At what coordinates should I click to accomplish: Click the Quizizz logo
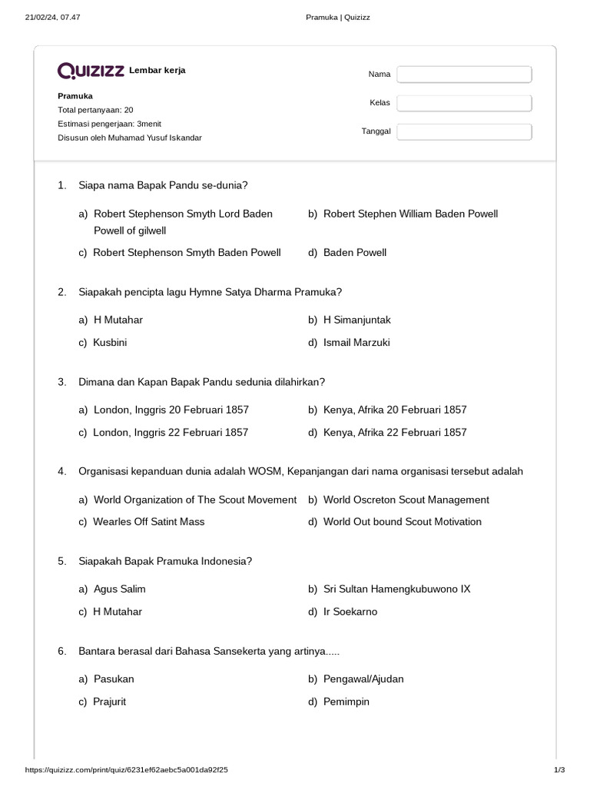91,71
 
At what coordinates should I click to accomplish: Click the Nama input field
464,74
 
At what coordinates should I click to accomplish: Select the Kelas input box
464,102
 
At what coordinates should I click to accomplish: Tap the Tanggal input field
464,131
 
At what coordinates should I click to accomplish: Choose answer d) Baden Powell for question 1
354,252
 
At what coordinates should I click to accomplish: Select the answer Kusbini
110,342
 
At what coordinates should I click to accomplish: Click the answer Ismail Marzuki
356,342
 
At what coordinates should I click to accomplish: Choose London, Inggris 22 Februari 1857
171,432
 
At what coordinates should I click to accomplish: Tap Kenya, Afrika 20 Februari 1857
395,410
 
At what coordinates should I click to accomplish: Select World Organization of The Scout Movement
194,500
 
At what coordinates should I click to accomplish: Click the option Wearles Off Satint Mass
148,522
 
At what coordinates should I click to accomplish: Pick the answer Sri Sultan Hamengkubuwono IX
396,589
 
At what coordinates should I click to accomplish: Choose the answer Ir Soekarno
350,612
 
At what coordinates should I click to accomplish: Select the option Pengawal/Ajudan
363,679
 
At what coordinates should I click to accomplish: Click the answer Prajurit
109,702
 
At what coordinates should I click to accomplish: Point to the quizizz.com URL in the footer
127,769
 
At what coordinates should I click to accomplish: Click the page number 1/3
559,769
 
